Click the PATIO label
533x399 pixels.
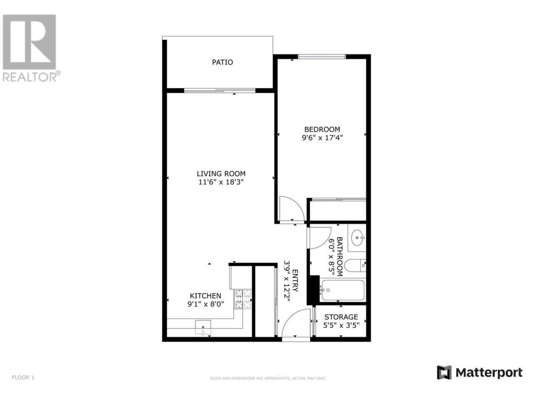pyautogui.click(x=222, y=62)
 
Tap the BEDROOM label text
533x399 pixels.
pyautogui.click(x=322, y=129)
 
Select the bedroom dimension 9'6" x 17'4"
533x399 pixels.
pyautogui.click(x=322, y=138)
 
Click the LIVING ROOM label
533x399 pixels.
pyautogui.click(x=221, y=173)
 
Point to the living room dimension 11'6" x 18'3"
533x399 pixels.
pyautogui.click(x=221, y=182)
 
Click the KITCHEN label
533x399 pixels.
pyautogui.click(x=205, y=296)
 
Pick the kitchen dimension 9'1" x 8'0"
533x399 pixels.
pyautogui.click(x=205, y=304)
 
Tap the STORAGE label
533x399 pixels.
pyautogui.click(x=341, y=317)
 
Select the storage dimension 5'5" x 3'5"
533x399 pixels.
pyautogui.click(x=341, y=325)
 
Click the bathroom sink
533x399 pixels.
pyautogui.click(x=357, y=238)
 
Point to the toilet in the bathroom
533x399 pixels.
pyautogui.click(x=355, y=266)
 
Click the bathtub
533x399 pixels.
pyautogui.click(x=342, y=290)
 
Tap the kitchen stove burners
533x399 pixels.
pyautogui.click(x=243, y=299)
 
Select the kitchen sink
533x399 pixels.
pyautogui.click(x=203, y=327)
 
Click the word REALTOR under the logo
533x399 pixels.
pyautogui.click(x=29, y=77)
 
